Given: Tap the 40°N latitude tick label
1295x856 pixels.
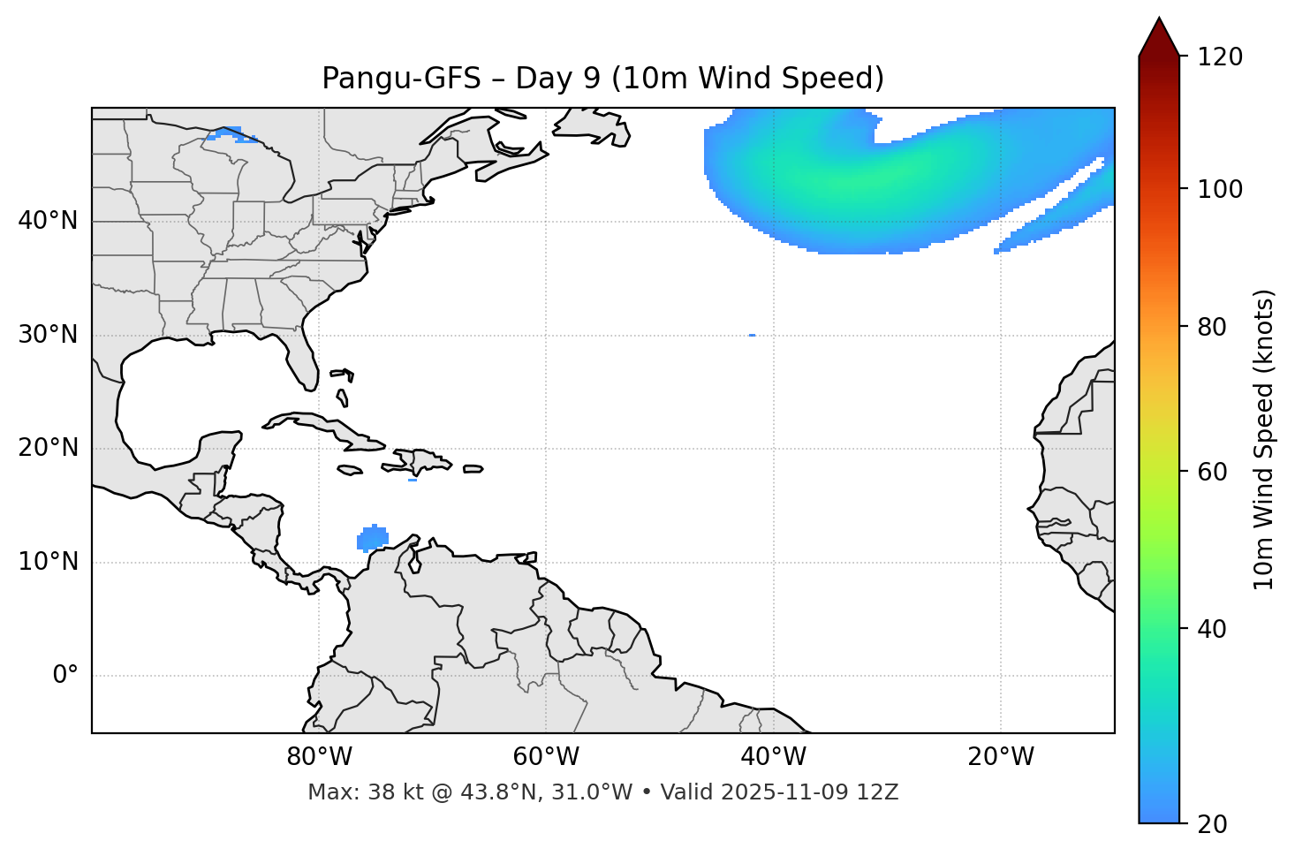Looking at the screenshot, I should pyautogui.click(x=48, y=221).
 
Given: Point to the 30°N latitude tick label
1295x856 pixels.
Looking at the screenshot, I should pyautogui.click(x=48, y=335).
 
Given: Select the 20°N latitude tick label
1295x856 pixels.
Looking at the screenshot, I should pyautogui.click(x=48, y=448).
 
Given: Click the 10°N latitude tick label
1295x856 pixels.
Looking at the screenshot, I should pyautogui.click(x=48, y=562).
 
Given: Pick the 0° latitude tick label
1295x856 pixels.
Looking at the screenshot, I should pyautogui.click(x=65, y=676).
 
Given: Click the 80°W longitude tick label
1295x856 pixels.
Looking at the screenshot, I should pyautogui.click(x=319, y=757).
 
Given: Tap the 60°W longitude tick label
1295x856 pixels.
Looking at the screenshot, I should pyautogui.click(x=546, y=757).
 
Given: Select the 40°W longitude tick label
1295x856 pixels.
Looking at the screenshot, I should pyautogui.click(x=773, y=757).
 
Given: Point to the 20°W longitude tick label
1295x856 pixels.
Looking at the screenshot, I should pyautogui.click(x=1001, y=757).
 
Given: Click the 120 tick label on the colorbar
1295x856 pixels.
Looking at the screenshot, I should pyautogui.click(x=1221, y=57).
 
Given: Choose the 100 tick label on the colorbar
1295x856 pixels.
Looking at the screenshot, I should pyautogui.click(x=1221, y=189).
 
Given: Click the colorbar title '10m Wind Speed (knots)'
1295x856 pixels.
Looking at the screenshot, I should pyautogui.click(x=1264, y=439).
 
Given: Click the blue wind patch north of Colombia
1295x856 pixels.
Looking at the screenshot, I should pyautogui.click(x=373, y=538).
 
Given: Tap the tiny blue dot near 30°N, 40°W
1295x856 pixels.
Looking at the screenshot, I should pyautogui.click(x=752, y=335).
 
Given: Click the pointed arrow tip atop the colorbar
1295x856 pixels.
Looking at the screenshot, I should pyautogui.click(x=1159, y=21).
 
